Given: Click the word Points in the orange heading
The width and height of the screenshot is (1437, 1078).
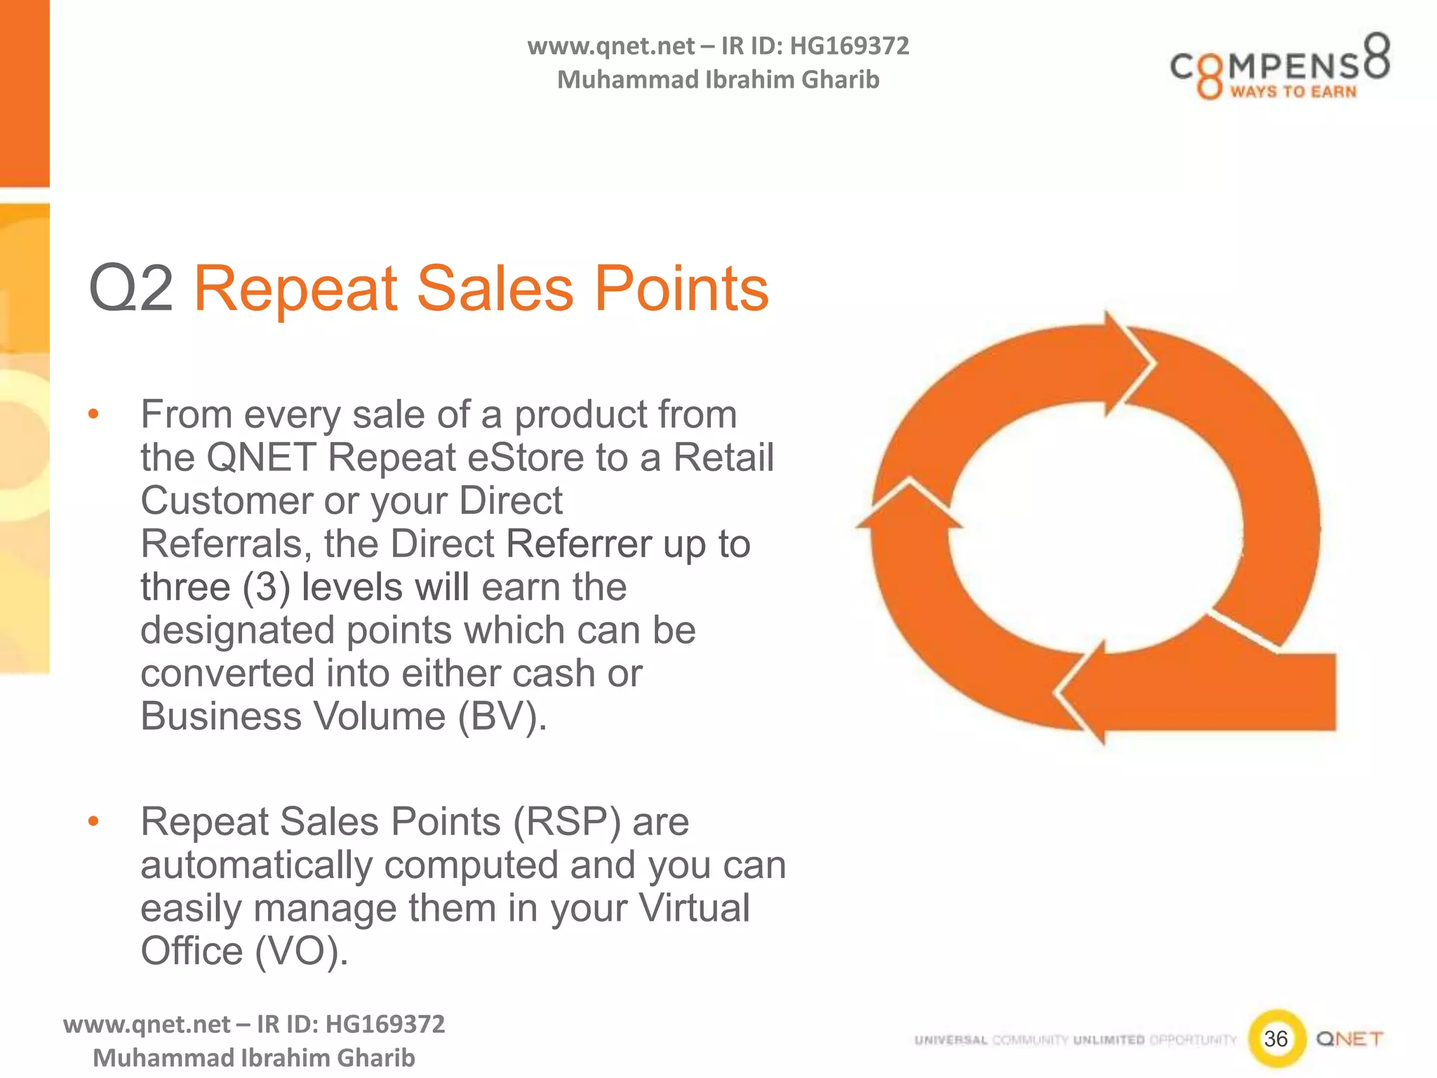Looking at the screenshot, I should tap(681, 288).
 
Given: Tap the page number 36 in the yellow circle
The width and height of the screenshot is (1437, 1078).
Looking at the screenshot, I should tap(1276, 1038).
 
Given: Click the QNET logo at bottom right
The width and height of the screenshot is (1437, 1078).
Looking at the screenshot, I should tap(1349, 1039).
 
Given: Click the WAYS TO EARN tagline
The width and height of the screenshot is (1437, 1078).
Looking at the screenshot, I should tap(1293, 92).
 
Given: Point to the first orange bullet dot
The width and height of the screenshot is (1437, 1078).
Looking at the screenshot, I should tap(93, 414).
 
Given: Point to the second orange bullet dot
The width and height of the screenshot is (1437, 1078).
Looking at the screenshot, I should tap(93, 821).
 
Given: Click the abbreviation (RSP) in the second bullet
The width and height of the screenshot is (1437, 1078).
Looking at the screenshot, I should tap(566, 822).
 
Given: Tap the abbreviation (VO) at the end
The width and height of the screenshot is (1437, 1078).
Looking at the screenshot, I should tap(301, 952).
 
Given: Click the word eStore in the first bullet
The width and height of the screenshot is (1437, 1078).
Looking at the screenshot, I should tap(526, 458).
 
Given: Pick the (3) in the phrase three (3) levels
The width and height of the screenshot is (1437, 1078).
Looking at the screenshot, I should tap(266, 587).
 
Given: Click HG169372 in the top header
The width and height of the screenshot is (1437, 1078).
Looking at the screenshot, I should tap(849, 46).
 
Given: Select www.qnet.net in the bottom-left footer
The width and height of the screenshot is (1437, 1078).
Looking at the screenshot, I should tap(146, 1025).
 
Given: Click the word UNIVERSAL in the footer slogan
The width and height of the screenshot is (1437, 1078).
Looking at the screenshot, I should tap(951, 1040).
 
